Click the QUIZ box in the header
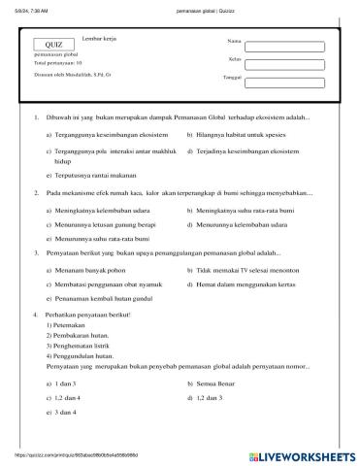(x=54, y=45)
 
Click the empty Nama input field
(x=283, y=45)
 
